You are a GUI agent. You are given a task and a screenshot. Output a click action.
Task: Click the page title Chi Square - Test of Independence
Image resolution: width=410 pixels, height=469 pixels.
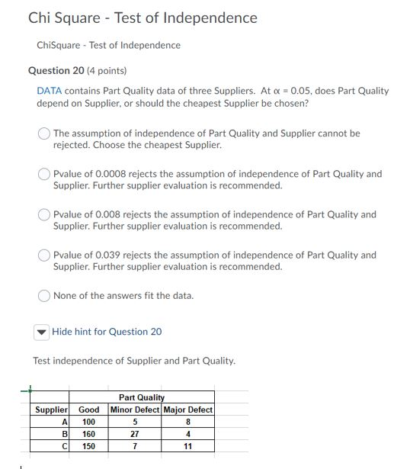(x=143, y=18)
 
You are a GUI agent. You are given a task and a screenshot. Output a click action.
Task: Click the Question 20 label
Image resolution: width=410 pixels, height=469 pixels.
(x=57, y=71)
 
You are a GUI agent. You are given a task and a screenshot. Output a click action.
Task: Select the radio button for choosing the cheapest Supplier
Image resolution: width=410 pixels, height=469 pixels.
(x=45, y=133)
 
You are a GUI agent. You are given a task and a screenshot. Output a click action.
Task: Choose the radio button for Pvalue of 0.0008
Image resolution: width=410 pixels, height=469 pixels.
(x=45, y=174)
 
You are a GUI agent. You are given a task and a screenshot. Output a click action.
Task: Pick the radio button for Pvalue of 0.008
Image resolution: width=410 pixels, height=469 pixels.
(x=45, y=215)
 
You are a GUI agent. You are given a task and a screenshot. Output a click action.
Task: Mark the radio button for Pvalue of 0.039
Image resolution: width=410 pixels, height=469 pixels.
(x=45, y=255)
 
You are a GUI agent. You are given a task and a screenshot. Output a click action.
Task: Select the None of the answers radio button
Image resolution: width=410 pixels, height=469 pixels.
(x=45, y=296)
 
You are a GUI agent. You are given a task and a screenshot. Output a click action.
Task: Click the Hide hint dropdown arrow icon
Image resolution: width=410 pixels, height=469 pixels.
(x=42, y=332)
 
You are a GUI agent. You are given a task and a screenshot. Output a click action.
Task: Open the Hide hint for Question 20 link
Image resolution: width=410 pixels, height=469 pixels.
(x=107, y=332)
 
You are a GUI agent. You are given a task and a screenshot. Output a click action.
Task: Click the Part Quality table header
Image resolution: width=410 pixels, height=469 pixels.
(x=142, y=397)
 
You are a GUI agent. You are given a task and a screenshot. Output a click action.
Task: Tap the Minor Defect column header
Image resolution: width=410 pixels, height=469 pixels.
(x=135, y=410)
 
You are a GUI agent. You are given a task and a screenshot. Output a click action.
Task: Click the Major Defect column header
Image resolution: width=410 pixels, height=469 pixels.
(x=187, y=410)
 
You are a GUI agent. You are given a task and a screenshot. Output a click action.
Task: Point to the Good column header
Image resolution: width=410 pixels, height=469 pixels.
(x=89, y=410)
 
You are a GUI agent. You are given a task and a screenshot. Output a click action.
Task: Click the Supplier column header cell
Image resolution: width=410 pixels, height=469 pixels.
(x=52, y=410)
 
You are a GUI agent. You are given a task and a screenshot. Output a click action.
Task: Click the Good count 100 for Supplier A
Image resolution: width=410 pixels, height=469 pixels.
(x=89, y=422)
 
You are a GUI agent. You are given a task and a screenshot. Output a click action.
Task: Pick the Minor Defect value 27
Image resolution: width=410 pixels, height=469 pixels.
(x=135, y=434)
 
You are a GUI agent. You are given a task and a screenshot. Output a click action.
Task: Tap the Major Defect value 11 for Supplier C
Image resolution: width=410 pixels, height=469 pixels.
(x=187, y=446)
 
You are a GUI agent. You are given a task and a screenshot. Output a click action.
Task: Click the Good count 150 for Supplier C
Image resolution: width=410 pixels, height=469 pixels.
(x=89, y=446)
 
